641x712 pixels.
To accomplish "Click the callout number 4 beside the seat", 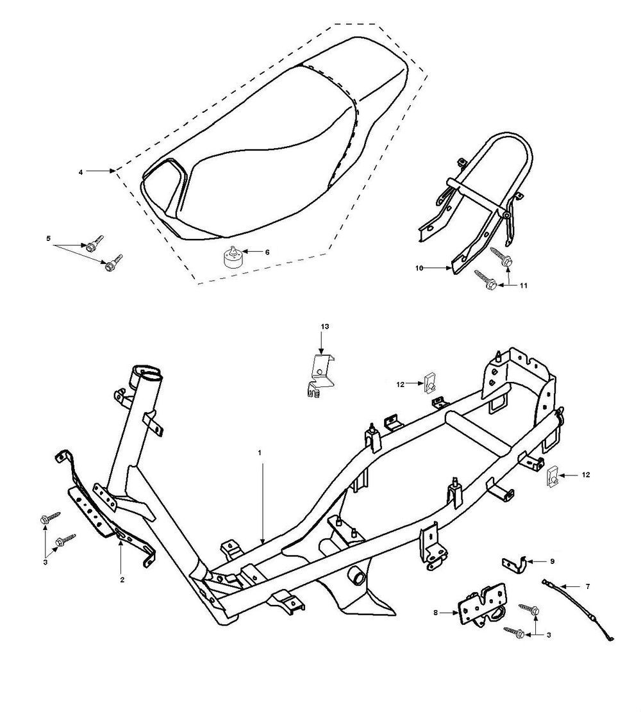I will point(80,172).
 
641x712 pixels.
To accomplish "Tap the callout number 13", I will point(325,327).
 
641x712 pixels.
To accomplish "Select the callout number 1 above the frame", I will point(260,452).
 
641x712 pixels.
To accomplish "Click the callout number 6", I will point(267,252).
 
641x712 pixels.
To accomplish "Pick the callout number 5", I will point(48,238).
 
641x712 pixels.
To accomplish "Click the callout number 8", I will point(436,613).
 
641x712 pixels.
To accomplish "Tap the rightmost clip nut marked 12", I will point(552,477).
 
